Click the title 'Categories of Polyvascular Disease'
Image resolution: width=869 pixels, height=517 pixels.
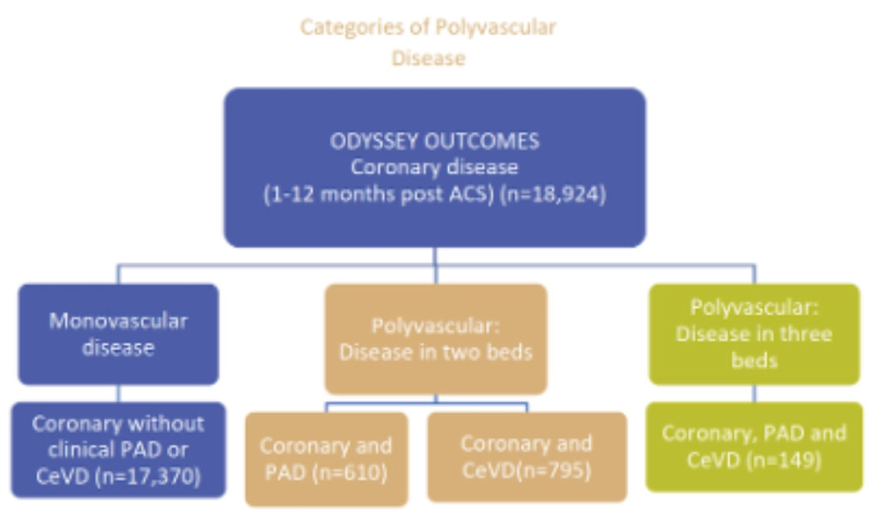pyautogui.click(x=428, y=42)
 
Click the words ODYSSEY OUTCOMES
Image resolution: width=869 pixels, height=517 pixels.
pyautogui.click(x=434, y=142)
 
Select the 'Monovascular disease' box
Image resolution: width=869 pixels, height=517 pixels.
pyautogui.click(x=118, y=333)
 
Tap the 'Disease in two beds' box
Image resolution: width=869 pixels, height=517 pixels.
pyautogui.click(x=435, y=339)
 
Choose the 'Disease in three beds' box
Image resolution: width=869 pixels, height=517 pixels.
pyautogui.click(x=754, y=333)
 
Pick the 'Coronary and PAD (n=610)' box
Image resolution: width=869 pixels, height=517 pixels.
pyautogui.click(x=326, y=457)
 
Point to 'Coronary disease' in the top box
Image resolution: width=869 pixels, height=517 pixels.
pyautogui.click(x=434, y=168)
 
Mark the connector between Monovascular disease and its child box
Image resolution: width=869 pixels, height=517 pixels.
pyautogui.click(x=118, y=394)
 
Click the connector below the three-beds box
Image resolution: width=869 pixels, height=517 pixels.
pyautogui.click(x=754, y=394)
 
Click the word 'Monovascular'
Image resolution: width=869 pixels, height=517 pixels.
pyautogui.click(x=118, y=321)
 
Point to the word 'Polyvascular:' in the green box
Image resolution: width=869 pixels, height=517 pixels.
pyautogui.click(x=754, y=308)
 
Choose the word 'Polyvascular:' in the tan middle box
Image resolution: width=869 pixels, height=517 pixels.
pyautogui.click(x=435, y=326)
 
